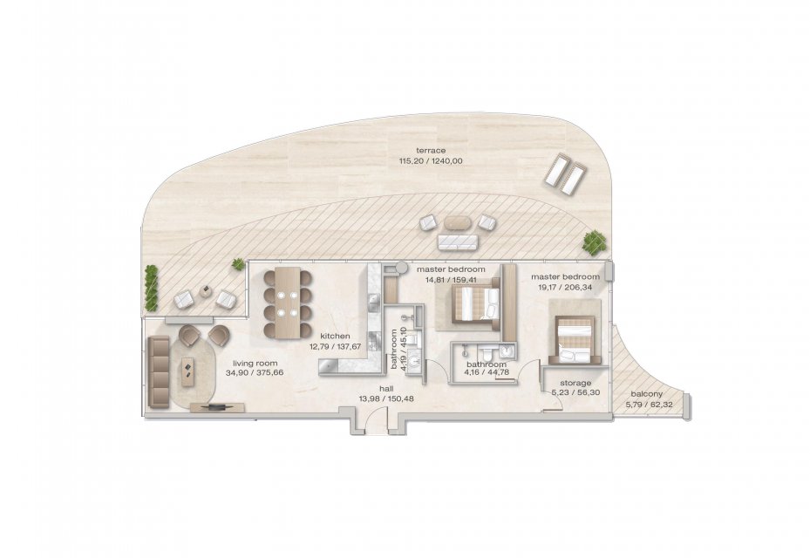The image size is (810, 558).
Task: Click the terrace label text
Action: point(431,150)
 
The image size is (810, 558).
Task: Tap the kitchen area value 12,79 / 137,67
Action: point(336,346)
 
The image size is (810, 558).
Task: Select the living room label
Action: point(255,363)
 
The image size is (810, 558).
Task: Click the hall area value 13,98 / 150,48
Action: point(386,398)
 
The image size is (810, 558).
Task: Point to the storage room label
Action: point(575,383)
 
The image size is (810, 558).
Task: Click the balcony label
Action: point(643,394)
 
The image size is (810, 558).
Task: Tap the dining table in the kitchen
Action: point(288,303)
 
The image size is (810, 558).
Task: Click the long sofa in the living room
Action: point(159,372)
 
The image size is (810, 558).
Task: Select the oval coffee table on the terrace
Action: point(458,222)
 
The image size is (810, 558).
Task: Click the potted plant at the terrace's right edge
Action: point(595,242)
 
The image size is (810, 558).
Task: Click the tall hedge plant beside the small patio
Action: point(151,288)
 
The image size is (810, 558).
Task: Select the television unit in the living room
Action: point(217,407)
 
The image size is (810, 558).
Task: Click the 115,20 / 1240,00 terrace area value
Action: point(431,160)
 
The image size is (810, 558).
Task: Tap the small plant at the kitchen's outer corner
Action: point(238,264)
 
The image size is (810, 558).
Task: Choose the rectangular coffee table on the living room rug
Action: point(187,371)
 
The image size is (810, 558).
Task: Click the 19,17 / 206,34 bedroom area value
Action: point(565,287)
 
